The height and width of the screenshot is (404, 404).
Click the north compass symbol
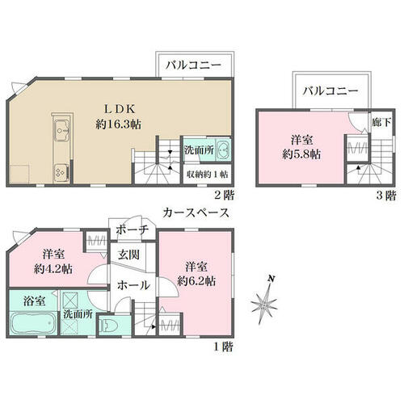pos(267,299)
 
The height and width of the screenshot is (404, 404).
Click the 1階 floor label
pos(223,347)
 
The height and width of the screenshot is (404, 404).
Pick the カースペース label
pos(196,213)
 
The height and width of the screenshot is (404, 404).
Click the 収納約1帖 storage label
pos(207,172)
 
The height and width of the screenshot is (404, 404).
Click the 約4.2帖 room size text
pos(53,266)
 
